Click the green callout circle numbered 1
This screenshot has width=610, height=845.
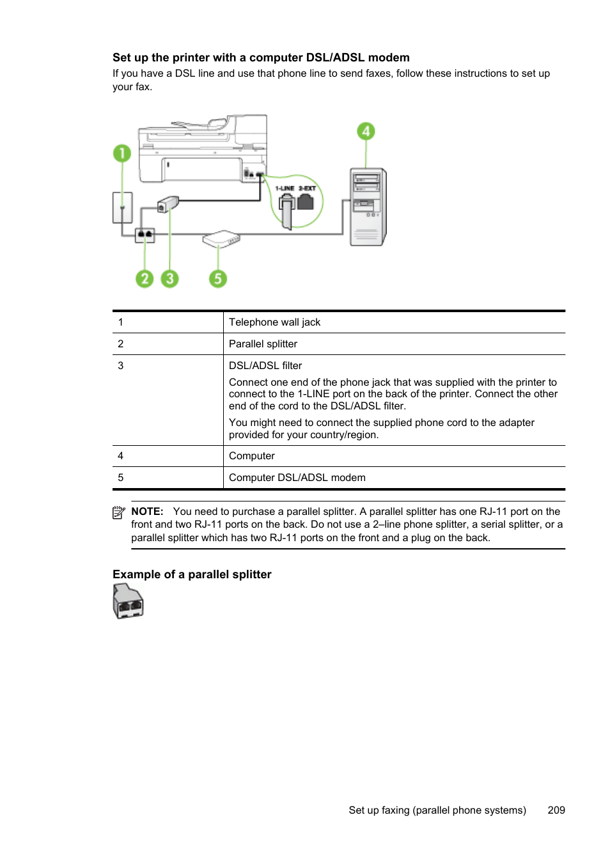coord(121,154)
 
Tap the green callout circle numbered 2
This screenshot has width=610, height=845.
coord(145,278)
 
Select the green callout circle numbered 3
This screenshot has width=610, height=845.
coord(169,278)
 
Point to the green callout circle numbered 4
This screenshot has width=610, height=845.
coord(366,132)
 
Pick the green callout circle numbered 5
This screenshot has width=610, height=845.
coord(218,278)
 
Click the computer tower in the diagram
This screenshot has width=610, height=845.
coord(368,207)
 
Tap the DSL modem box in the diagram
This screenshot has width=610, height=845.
coord(221,239)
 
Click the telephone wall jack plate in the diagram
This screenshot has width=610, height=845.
coord(123,207)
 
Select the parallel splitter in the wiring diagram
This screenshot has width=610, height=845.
coord(145,235)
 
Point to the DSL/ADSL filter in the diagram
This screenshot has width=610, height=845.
coord(168,204)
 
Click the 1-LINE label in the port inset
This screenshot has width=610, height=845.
coord(285,189)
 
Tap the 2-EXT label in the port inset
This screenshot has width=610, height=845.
coord(307,189)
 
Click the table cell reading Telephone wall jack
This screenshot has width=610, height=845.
coord(274,322)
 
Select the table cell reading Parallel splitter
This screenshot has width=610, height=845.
coord(263,344)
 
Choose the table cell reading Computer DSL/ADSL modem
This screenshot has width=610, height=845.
coord(297,478)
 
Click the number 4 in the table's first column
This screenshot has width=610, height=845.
coord(120,456)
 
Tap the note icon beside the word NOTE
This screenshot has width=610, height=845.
coord(118,512)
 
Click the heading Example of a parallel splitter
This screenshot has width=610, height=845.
coord(192,574)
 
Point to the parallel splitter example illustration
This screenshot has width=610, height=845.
coord(129,602)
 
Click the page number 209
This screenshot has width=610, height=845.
coord(556,810)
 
